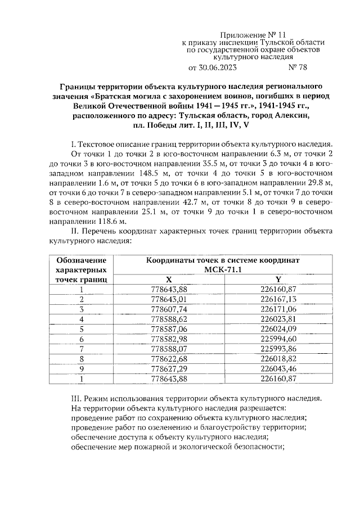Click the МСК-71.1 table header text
click(222, 270)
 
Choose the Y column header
click(278, 279)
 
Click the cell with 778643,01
click(169, 299)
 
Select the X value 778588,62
click(169, 319)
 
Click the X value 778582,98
click(169, 339)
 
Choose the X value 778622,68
click(169, 359)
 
